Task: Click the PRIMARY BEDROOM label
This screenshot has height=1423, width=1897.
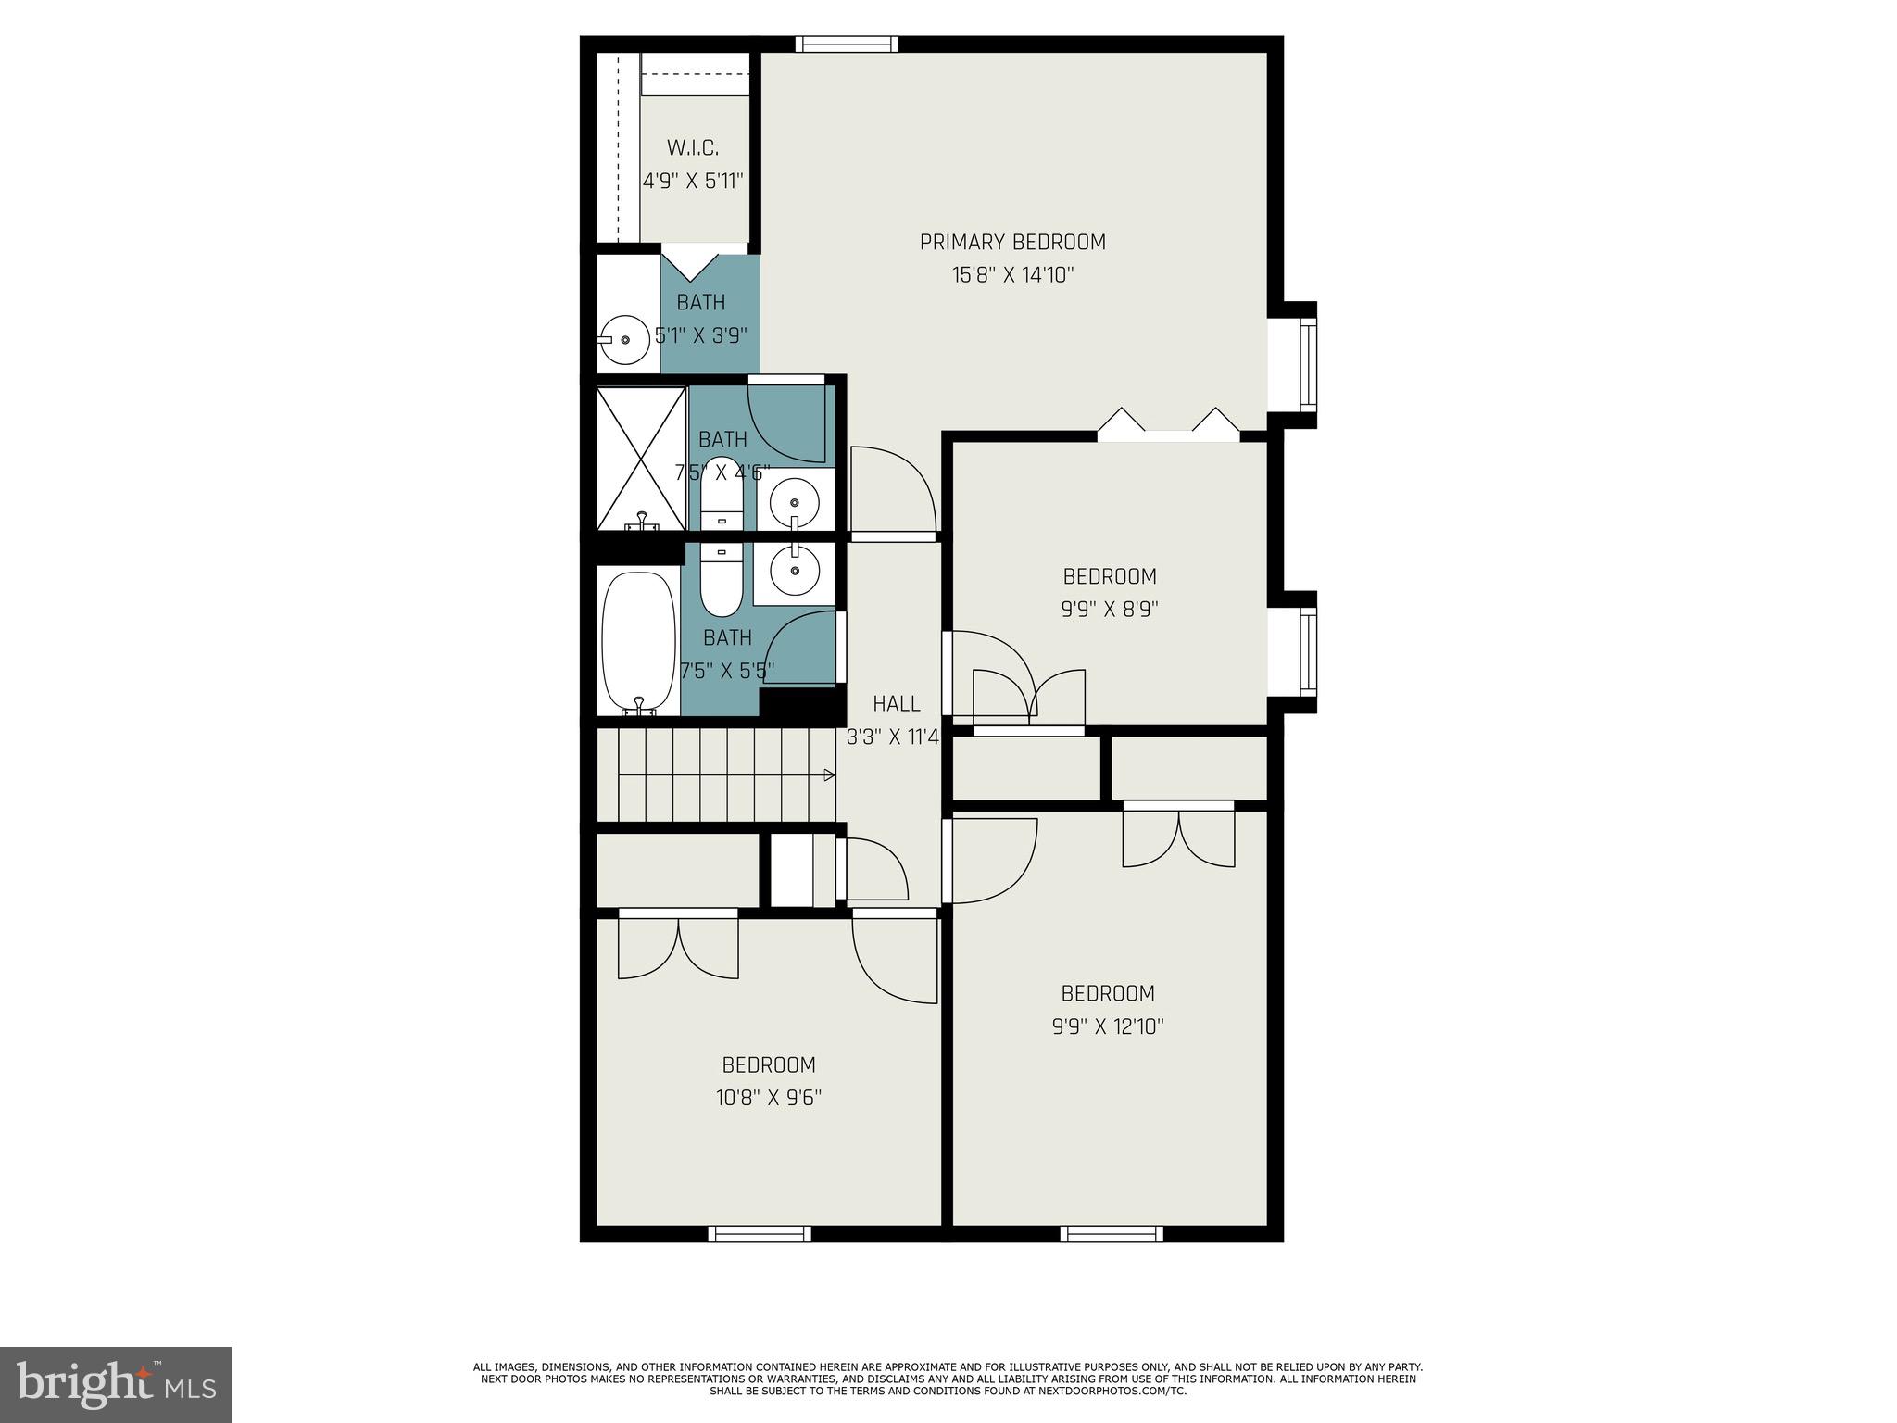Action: click(1012, 242)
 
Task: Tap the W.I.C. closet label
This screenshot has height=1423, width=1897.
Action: click(693, 147)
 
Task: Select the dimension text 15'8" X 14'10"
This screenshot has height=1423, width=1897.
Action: click(1012, 275)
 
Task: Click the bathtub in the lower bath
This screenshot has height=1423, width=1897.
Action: click(638, 641)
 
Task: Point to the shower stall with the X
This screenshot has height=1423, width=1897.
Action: click(640, 459)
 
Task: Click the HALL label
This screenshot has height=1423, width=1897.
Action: click(896, 704)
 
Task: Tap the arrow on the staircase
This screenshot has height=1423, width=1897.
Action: click(829, 774)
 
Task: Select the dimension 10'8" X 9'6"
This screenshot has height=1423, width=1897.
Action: click(769, 1098)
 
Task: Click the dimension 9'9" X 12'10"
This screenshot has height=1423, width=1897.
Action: click(1108, 1026)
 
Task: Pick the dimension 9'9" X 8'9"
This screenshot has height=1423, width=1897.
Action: click(1110, 610)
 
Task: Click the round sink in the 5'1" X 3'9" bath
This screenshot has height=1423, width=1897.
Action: click(626, 340)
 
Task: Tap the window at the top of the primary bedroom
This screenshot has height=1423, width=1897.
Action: click(847, 44)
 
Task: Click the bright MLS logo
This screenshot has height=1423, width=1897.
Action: click(116, 1385)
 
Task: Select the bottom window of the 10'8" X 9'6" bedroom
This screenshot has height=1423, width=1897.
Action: click(760, 1233)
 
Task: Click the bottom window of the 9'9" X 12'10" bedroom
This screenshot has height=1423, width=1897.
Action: click(1112, 1233)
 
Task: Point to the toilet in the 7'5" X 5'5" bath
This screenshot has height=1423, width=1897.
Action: click(722, 581)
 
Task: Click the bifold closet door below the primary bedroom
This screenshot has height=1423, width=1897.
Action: click(1168, 423)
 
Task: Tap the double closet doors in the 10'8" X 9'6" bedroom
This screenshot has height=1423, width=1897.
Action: click(678, 945)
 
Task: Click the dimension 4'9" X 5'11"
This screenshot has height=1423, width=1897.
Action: click(693, 181)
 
